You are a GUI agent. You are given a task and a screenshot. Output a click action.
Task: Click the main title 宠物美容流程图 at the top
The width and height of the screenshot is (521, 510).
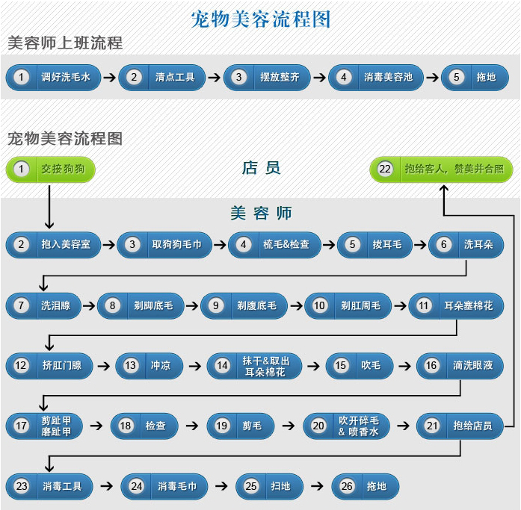tap(260, 18)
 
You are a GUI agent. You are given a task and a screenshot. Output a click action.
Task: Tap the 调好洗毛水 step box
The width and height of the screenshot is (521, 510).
tap(54, 77)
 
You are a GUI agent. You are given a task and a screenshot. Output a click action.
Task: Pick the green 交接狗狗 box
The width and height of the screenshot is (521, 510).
tap(51, 170)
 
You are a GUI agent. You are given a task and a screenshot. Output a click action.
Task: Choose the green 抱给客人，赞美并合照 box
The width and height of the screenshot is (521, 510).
tap(442, 170)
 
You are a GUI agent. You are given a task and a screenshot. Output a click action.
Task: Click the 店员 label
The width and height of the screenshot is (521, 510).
tap(261, 168)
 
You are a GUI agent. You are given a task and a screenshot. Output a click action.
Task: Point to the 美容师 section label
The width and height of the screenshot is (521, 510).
tap(261, 213)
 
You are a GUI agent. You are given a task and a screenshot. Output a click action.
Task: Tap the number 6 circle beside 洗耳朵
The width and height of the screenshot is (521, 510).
tap(445, 244)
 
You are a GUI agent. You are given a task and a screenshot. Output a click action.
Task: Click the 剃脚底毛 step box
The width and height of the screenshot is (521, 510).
tap(141, 305)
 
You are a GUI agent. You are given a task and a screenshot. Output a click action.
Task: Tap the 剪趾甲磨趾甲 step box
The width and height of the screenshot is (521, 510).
tap(46, 426)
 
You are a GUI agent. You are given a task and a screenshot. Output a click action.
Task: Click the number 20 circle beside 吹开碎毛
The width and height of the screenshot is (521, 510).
tap(319, 426)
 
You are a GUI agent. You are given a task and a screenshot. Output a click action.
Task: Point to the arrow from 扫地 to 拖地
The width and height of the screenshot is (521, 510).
tap(318, 486)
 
